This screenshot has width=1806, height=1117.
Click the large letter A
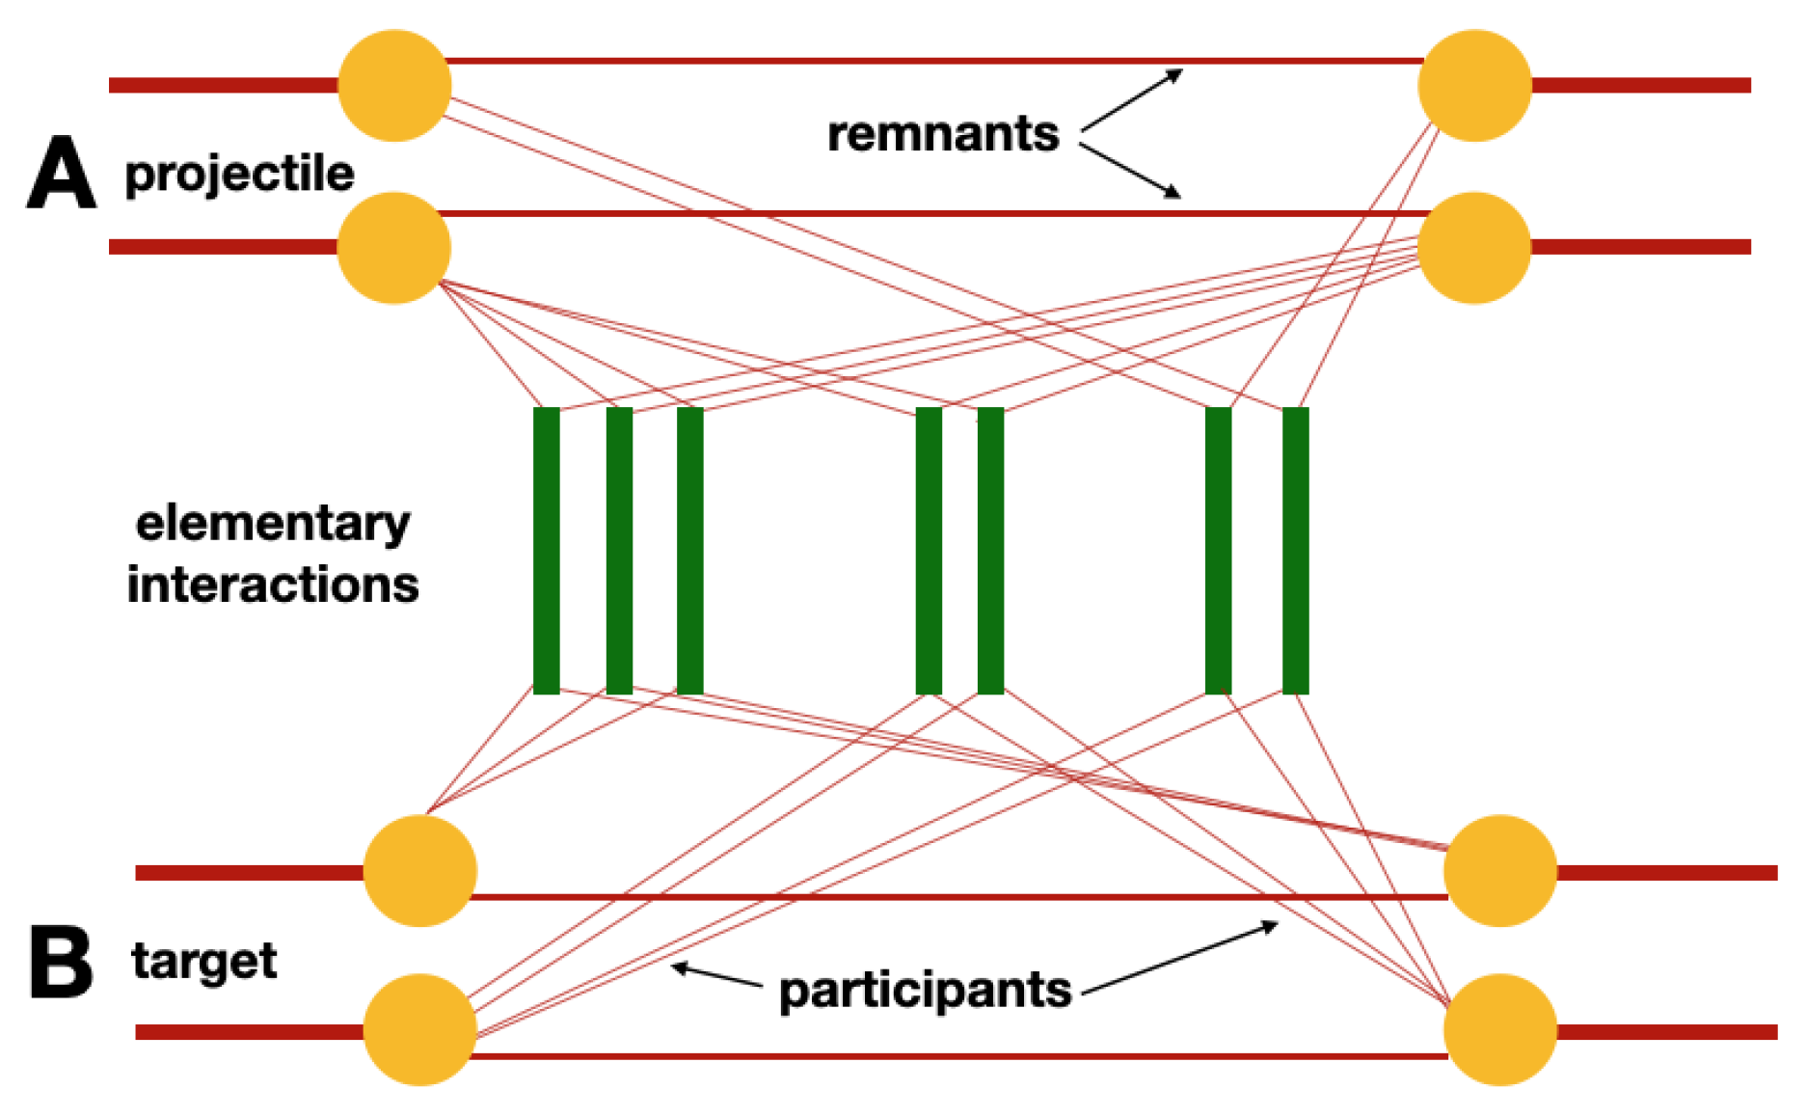tap(61, 173)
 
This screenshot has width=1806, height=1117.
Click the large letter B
tap(61, 962)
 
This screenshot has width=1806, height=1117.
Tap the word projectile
tap(239, 175)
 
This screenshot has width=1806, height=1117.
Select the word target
tap(204, 962)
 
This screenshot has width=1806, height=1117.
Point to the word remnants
tap(943, 133)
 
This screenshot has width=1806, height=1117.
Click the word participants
tap(925, 991)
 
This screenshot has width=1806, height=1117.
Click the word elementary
tap(273, 524)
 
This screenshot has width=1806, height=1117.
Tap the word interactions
tap(273, 585)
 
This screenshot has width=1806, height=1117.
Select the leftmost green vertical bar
tap(546, 550)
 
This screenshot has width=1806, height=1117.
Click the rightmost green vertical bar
tap(1295, 550)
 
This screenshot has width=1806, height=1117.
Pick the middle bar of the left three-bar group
tap(619, 550)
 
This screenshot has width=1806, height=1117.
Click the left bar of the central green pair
tap(928, 550)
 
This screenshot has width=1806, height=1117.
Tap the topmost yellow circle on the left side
tap(394, 86)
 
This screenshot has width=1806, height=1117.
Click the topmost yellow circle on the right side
tap(1474, 86)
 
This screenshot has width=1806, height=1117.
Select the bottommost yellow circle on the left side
tap(419, 1029)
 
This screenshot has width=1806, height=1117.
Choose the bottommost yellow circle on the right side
tap(1499, 1029)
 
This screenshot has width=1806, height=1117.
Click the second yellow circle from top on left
tap(393, 248)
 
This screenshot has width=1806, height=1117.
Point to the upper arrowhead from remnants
tap(1175, 74)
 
